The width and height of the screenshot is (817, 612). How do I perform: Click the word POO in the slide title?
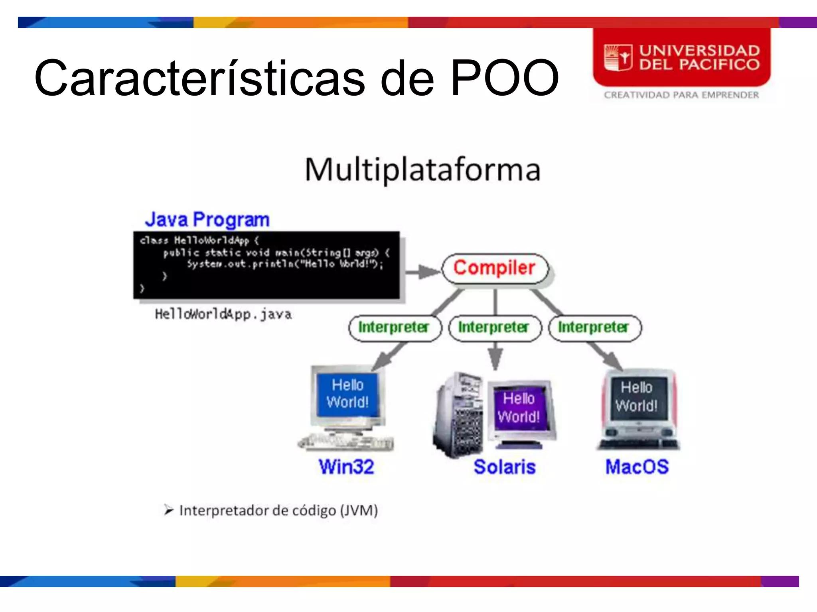504,78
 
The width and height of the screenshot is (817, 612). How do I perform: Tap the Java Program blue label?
207,220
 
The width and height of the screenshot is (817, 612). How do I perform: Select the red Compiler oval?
495,268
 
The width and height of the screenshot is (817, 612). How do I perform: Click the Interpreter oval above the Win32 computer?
395,328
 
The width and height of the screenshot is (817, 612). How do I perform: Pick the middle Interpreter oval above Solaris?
495,328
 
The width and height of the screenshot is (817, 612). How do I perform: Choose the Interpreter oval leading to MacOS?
594,328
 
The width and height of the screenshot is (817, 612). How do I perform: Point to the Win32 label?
346,467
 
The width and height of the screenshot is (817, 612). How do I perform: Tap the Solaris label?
504,467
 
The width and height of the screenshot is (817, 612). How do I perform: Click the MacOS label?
637,467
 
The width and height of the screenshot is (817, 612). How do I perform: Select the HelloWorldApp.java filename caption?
223,314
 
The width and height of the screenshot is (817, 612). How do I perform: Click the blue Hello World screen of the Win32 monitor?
347,394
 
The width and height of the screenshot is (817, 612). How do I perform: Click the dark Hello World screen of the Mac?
636,397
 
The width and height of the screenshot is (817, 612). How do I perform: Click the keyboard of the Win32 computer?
346,442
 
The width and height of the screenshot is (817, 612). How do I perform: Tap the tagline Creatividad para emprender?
681,95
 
